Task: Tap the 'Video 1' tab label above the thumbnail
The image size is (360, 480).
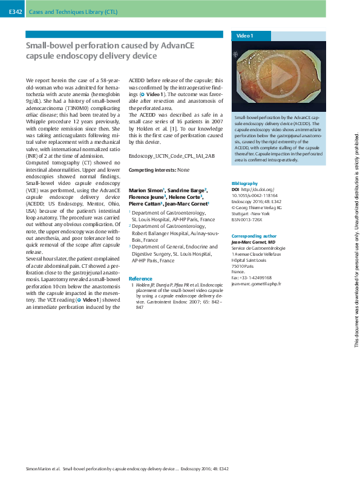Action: pos(245,36)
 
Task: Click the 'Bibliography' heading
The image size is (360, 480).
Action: pos(244,183)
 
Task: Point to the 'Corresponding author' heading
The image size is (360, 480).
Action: pos(254,236)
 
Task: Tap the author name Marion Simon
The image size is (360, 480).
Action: pos(145,190)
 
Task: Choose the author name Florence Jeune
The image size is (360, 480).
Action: pos(145,197)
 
